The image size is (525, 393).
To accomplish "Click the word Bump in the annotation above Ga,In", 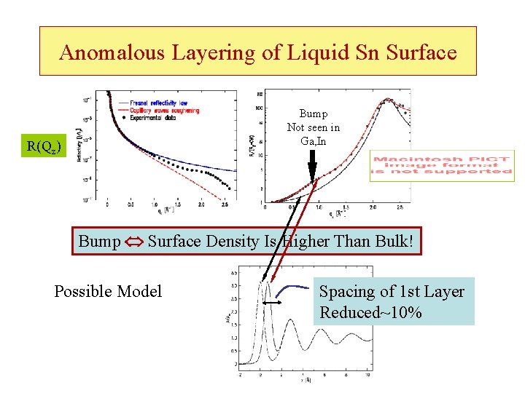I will click(314, 114).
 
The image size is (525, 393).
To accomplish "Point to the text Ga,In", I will click(314, 141).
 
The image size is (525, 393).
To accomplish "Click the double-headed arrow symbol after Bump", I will click(134, 241).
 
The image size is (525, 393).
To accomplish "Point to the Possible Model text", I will click(108, 292).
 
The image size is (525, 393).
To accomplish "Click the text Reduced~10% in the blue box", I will click(370, 314).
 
